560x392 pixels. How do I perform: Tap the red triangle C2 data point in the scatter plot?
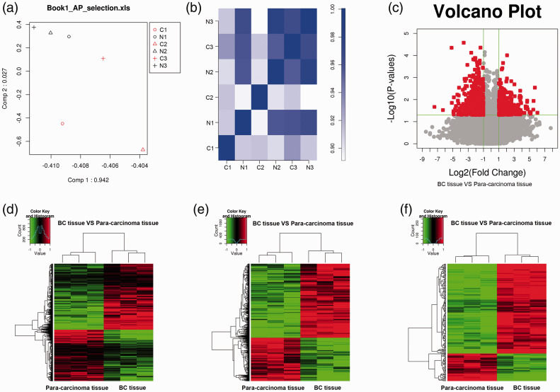143,150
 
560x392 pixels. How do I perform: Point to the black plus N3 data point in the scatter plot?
33,27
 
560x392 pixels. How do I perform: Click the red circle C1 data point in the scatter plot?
62,124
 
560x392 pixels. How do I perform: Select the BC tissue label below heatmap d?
139,388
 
